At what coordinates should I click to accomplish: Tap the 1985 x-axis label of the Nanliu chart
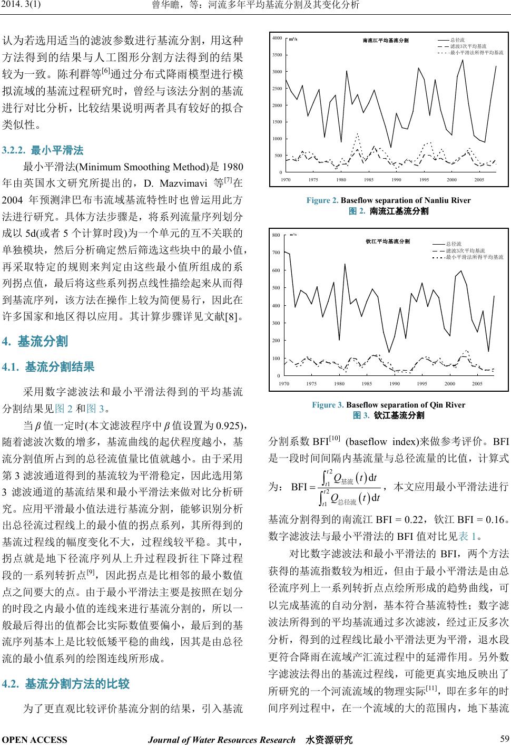click(x=368, y=180)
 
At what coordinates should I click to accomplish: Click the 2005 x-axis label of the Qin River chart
click(x=477, y=383)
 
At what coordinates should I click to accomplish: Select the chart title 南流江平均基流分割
click(x=386, y=41)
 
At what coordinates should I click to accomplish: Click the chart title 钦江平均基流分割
click(x=388, y=241)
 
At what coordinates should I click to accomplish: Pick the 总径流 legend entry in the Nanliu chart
click(x=457, y=40)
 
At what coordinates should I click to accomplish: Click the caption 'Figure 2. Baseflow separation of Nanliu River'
click(x=388, y=200)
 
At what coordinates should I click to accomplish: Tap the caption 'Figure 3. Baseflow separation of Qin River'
click(x=388, y=405)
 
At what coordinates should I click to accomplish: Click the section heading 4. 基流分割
click(x=35, y=342)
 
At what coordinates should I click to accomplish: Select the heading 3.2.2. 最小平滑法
click(x=43, y=150)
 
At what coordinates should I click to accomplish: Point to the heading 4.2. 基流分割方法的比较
click(x=66, y=684)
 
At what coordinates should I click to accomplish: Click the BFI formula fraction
click(x=348, y=486)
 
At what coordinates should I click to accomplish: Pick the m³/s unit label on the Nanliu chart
click(x=293, y=39)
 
